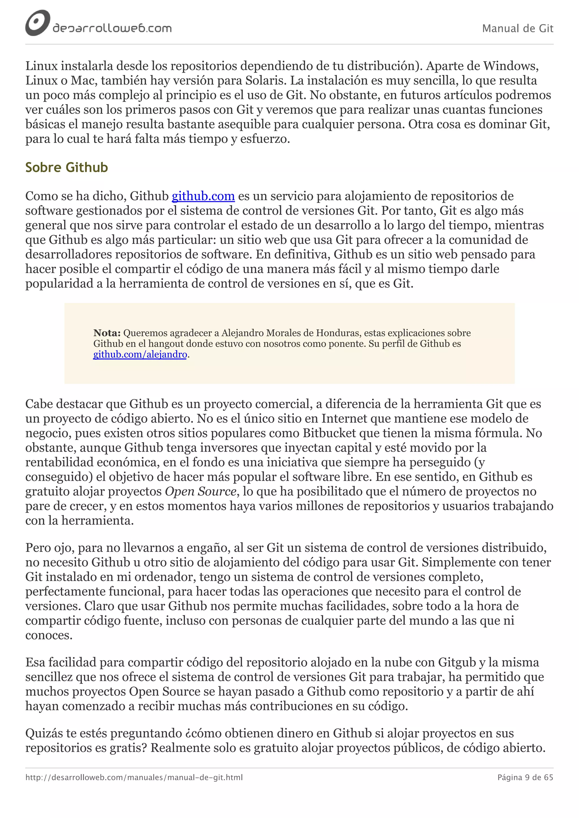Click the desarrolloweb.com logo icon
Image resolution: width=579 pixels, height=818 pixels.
[x=37, y=23]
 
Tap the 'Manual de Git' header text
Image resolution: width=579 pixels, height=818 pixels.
[x=517, y=29]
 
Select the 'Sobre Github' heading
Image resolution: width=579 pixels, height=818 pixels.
[x=66, y=167]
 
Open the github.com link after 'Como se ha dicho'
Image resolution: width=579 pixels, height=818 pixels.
[x=203, y=196]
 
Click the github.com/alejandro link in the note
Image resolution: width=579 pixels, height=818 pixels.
[x=140, y=355]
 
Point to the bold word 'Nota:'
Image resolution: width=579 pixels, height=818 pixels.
[x=107, y=333]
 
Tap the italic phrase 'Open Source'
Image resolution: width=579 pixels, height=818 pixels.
[x=200, y=492]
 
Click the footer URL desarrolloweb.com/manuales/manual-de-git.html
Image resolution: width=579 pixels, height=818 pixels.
[x=134, y=777]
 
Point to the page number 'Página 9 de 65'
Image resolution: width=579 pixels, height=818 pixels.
[x=525, y=777]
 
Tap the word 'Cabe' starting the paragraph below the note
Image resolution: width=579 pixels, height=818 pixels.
[x=39, y=404]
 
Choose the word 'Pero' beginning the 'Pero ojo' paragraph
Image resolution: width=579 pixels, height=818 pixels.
[x=38, y=548]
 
